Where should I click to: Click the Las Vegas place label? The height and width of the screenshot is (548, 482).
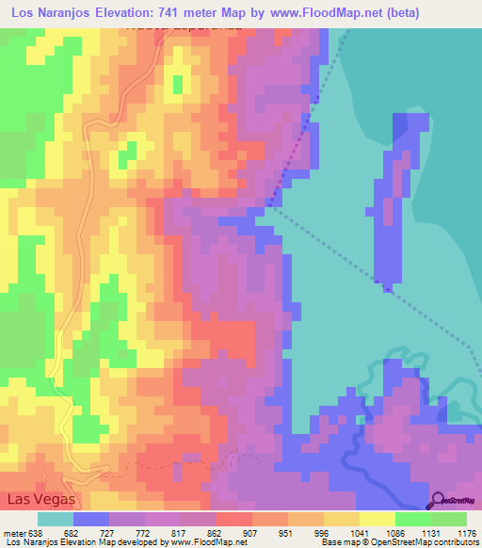click(40, 499)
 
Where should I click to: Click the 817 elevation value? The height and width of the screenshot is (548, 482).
click(195, 532)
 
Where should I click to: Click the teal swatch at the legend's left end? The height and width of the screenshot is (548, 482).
click(55, 519)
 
